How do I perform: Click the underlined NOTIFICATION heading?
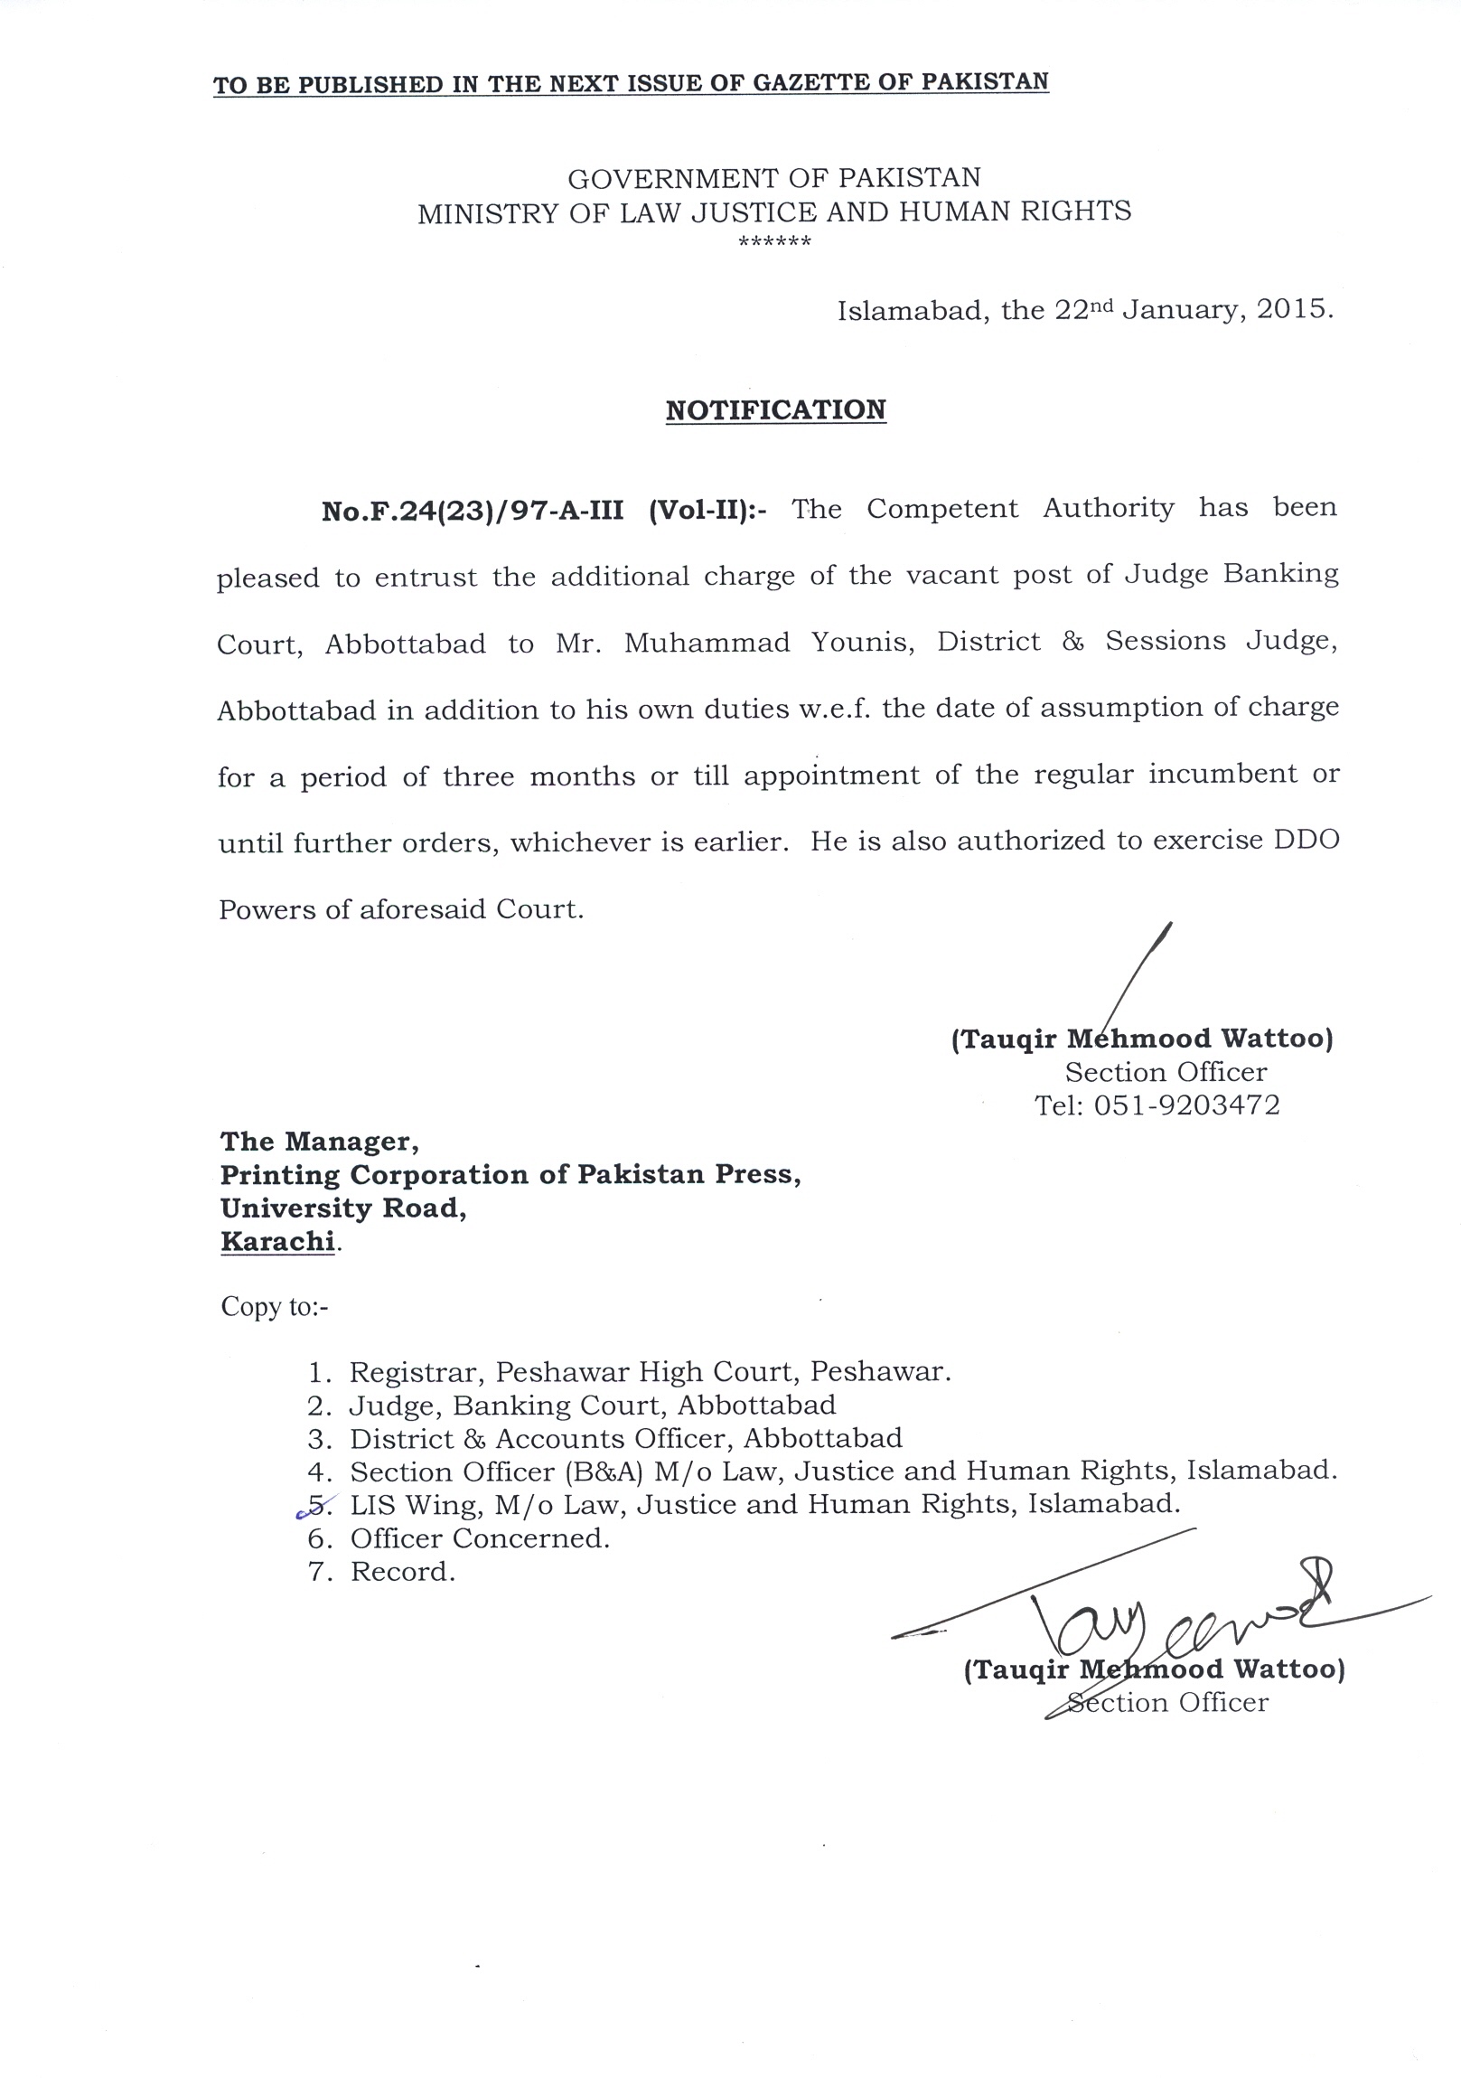click(x=775, y=410)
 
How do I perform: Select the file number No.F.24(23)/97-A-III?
click(x=473, y=511)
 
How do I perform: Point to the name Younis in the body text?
click(x=863, y=642)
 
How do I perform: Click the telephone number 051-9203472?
click(x=1187, y=1105)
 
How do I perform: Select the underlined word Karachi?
click(x=277, y=1242)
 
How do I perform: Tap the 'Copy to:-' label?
click(x=274, y=1307)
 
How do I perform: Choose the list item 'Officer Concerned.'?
click(x=480, y=1537)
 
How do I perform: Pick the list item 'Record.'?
click(x=403, y=1571)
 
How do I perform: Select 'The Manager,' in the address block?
click(x=319, y=1142)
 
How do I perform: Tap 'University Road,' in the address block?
click(x=342, y=1208)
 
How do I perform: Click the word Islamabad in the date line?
click(x=913, y=310)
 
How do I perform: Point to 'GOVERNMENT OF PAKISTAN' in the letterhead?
click(x=774, y=177)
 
